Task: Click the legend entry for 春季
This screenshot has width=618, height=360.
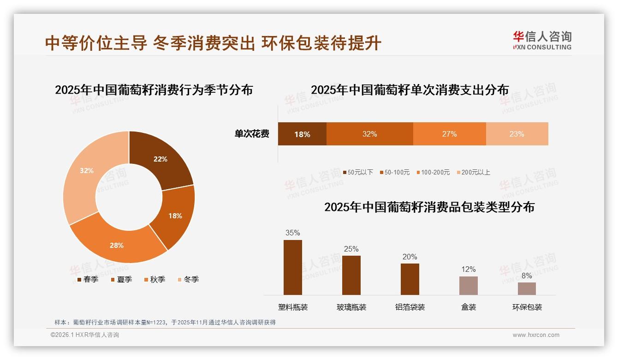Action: [88, 279]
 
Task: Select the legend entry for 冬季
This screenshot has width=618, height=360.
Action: [188, 279]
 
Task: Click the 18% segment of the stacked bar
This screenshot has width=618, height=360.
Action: [302, 134]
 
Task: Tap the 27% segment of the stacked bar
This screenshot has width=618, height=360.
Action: [449, 134]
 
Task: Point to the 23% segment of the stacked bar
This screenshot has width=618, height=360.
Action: [517, 134]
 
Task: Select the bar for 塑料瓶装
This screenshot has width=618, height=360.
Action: [293, 267]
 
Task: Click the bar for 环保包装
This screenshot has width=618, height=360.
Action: [527, 288]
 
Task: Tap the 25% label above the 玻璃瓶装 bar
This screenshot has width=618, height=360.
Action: [351, 249]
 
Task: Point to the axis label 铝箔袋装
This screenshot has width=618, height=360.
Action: [410, 307]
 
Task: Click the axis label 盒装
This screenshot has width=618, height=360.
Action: [469, 307]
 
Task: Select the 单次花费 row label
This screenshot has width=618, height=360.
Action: [252, 134]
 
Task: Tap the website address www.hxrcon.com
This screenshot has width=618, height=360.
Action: [536, 335]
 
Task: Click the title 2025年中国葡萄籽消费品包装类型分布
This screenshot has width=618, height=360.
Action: [429, 207]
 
